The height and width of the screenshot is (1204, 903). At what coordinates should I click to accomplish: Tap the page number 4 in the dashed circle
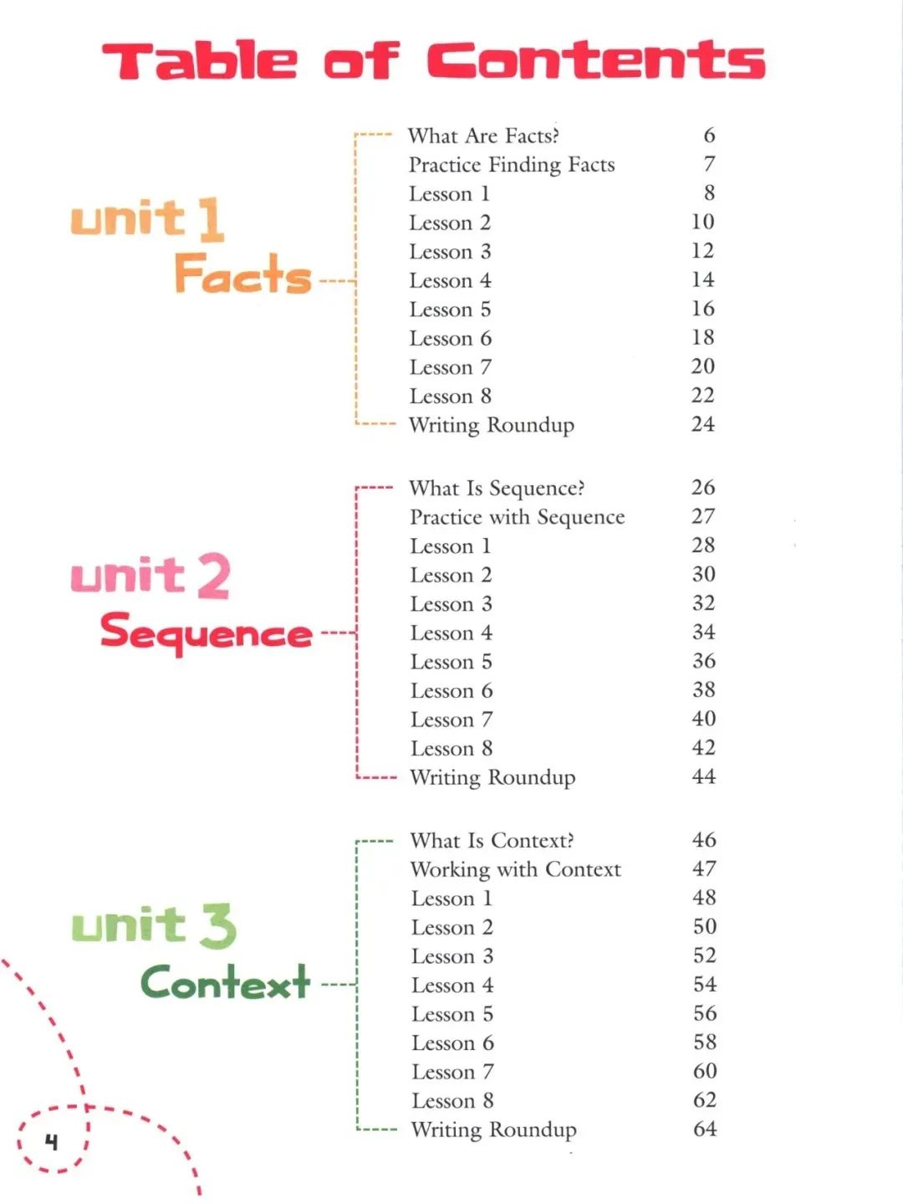point(51,1142)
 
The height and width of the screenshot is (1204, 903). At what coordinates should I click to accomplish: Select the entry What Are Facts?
point(483,136)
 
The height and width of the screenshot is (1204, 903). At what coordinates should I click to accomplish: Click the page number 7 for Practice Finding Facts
point(709,163)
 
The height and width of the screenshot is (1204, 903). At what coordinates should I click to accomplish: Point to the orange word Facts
point(242,273)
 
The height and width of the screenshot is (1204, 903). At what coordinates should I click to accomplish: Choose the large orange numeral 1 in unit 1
point(211,219)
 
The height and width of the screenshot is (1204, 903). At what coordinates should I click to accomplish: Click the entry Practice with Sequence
point(518,517)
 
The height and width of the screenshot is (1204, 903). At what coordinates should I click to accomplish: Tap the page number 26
point(703,487)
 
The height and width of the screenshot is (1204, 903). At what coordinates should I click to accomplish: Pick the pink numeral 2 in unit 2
point(213,576)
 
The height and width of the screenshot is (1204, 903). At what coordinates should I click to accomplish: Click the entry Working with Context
point(516,869)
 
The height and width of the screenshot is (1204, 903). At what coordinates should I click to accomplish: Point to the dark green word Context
point(225,981)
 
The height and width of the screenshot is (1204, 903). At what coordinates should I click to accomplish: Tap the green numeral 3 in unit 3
point(217,926)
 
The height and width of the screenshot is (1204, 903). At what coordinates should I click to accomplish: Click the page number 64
point(705,1129)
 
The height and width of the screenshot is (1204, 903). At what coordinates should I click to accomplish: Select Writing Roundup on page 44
point(492,777)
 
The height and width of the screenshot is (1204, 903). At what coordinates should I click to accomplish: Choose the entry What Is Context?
point(492,840)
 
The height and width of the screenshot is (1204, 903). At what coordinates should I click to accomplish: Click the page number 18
point(703,337)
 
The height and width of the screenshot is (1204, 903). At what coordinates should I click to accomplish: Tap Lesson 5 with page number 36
point(451,662)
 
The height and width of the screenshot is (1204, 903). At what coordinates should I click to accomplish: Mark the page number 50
point(705,926)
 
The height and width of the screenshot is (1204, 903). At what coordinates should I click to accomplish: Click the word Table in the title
point(200,59)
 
